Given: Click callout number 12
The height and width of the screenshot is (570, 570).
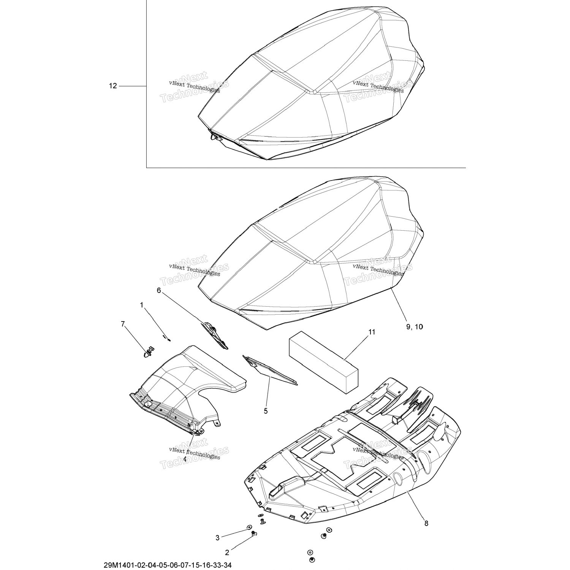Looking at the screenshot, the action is [x=113, y=86].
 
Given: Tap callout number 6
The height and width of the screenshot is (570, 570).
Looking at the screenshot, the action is [x=159, y=290].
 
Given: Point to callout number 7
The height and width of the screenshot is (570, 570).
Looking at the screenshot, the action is [x=122, y=324].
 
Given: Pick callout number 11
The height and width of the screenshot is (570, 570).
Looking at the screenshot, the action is [x=371, y=332].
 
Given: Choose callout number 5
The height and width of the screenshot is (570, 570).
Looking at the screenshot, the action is [x=266, y=411].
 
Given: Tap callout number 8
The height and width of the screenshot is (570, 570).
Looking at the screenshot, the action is [x=426, y=523].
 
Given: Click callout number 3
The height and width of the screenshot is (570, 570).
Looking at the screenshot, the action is [x=217, y=538].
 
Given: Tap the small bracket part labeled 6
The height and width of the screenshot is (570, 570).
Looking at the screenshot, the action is [x=215, y=335].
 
